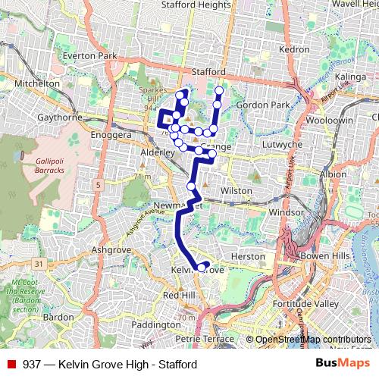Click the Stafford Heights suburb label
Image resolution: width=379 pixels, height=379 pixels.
point(196,5)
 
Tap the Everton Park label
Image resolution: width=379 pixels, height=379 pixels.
point(90,56)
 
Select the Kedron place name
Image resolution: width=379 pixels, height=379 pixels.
point(295,49)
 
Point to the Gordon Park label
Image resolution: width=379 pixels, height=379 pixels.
point(264,104)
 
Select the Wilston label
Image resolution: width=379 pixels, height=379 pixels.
point(236,190)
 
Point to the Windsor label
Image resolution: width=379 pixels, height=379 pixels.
point(286,213)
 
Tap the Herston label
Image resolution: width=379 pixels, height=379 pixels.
point(248,257)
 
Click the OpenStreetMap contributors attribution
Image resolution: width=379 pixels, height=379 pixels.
point(312,340)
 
